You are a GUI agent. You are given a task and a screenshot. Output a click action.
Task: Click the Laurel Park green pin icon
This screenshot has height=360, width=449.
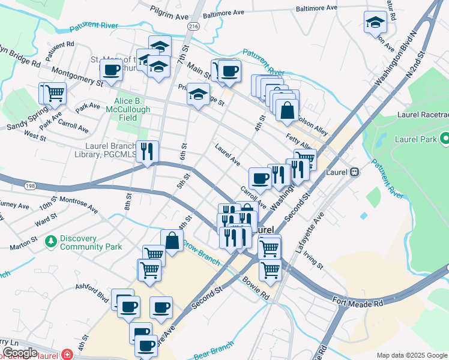(x=444, y=140)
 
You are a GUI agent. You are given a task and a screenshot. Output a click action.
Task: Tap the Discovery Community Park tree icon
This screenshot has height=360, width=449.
(x=51, y=241)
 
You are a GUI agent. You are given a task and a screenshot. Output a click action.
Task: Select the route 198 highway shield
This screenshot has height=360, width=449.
(x=29, y=187)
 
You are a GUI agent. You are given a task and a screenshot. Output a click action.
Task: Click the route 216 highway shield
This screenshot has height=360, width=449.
(x=193, y=27)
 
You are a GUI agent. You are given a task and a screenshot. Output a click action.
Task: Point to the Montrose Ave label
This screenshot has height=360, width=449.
(x=77, y=204)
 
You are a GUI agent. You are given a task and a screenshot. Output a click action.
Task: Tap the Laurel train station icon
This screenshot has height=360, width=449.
(x=354, y=172)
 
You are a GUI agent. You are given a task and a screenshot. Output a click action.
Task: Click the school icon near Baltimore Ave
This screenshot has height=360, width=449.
(x=375, y=23)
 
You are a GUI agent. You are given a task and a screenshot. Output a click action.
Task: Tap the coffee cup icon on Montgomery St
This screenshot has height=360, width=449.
(x=112, y=70)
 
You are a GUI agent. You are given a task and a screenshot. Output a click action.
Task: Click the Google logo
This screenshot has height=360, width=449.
(x=19, y=353)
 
